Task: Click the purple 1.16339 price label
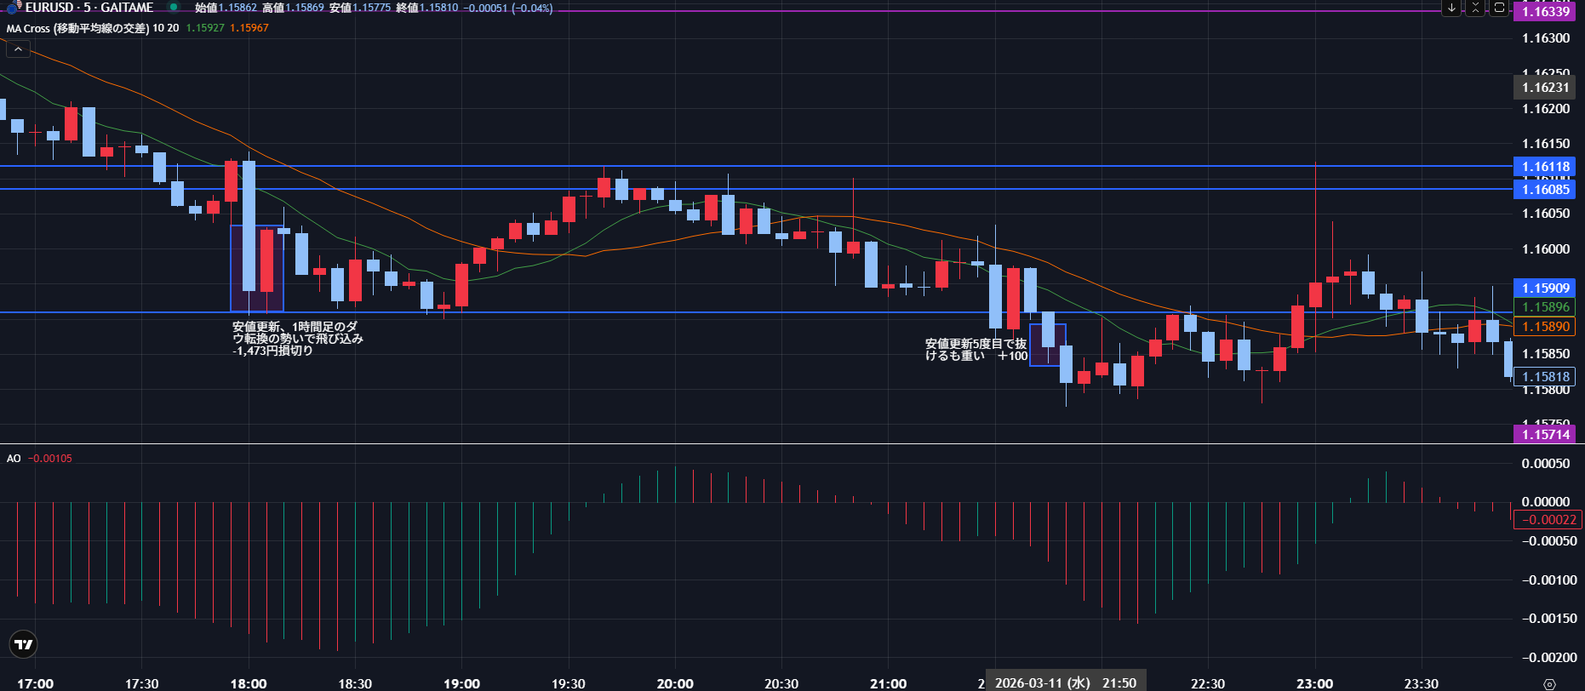click(1545, 11)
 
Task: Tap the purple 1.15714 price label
click(1545, 434)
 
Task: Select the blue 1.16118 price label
click(1545, 167)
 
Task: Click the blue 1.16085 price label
click(1545, 189)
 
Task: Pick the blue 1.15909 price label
click(1545, 288)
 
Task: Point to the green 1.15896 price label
click(1545, 307)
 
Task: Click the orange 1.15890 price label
click(1545, 326)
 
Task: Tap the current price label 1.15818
click(1545, 376)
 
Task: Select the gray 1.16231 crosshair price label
click(1545, 87)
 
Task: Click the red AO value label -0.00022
click(1548, 520)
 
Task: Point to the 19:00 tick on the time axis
click(461, 683)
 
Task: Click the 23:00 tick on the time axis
click(1314, 683)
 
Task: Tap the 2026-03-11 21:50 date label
click(1065, 682)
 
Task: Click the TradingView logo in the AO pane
click(24, 644)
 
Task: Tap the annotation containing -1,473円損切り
click(297, 339)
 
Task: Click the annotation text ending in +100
click(976, 350)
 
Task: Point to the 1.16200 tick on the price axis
click(1545, 109)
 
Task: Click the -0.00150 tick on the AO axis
click(1545, 619)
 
